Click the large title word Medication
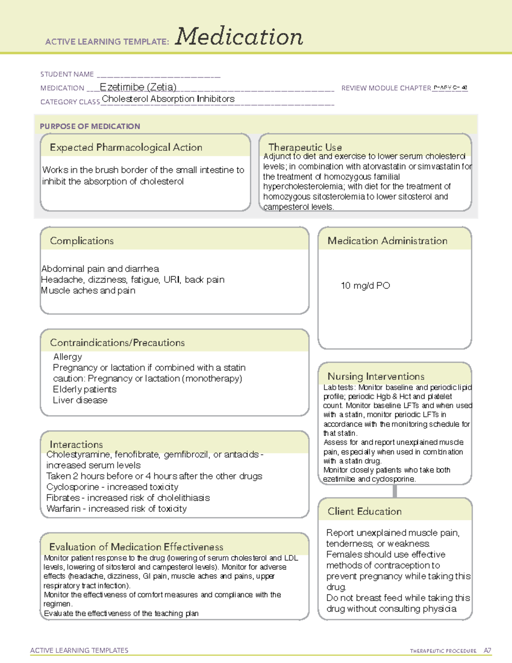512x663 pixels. [239, 37]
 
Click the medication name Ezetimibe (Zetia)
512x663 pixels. [138, 87]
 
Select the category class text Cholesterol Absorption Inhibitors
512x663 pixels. [168, 99]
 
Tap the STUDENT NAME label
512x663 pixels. [67, 74]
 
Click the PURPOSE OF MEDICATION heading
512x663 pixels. [90, 126]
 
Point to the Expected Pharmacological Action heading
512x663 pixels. [126, 147]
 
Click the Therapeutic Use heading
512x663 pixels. [305, 147]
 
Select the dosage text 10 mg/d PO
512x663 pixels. [365, 286]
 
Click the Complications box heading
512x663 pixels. [82, 241]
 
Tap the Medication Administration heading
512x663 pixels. [387, 241]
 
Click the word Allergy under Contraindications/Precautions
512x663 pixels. [67, 357]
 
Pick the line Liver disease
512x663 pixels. [80, 400]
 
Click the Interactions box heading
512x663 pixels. [76, 444]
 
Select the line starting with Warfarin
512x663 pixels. [116, 509]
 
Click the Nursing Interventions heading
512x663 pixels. [376, 377]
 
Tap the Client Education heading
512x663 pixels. [365, 511]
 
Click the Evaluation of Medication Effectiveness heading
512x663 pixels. [136, 547]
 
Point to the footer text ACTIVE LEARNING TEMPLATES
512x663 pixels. [79, 650]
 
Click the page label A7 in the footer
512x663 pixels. [487, 651]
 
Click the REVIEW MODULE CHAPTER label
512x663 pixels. [386, 88]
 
